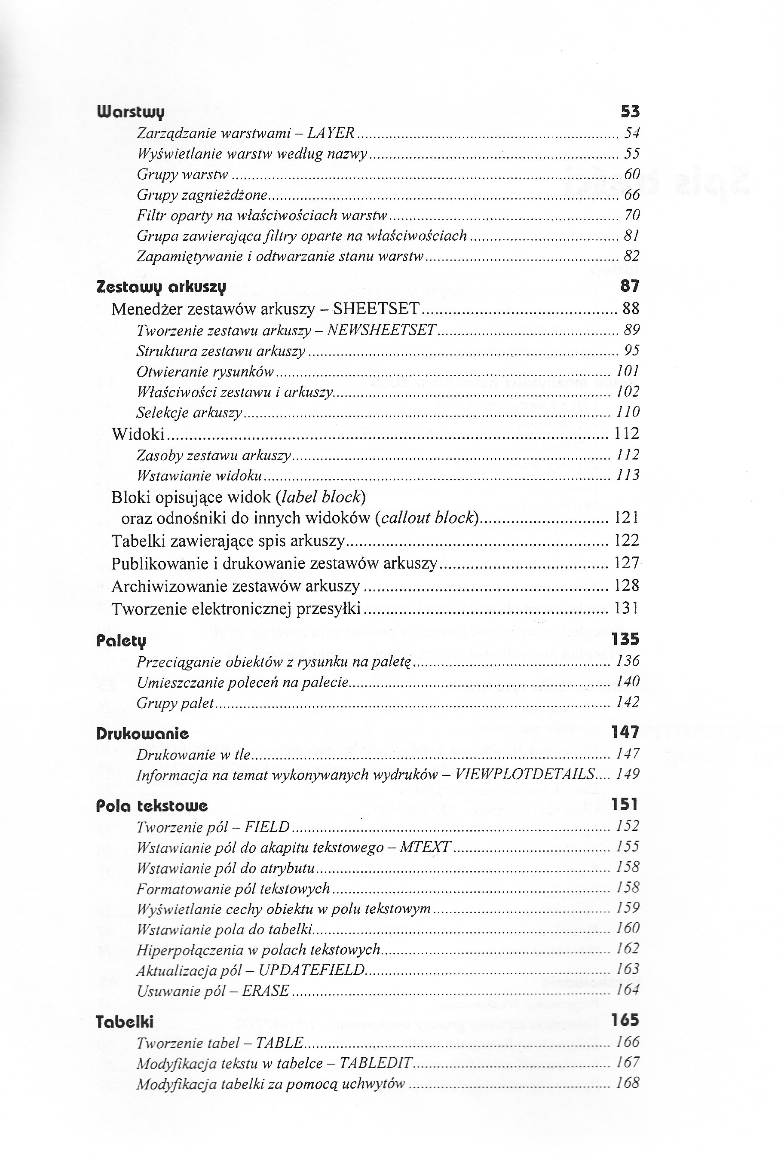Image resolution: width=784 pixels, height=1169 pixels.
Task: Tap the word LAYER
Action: [x=331, y=133]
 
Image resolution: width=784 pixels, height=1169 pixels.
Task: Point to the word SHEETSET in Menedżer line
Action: [x=376, y=309]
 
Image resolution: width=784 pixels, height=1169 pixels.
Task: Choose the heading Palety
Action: [x=121, y=640]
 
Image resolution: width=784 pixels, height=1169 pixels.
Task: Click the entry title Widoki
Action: [x=138, y=434]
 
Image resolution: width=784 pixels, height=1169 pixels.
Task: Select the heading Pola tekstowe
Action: [x=151, y=805]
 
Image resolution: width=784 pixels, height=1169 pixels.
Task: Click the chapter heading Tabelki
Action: [x=125, y=1022]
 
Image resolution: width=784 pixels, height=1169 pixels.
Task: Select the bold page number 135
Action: [x=625, y=639]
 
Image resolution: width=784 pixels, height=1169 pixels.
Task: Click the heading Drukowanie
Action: [x=143, y=734]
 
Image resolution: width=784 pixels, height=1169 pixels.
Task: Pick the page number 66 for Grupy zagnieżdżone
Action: [x=632, y=195]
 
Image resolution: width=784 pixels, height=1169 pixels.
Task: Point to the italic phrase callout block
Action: [x=428, y=517]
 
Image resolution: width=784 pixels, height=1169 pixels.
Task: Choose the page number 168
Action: [x=628, y=1083]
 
